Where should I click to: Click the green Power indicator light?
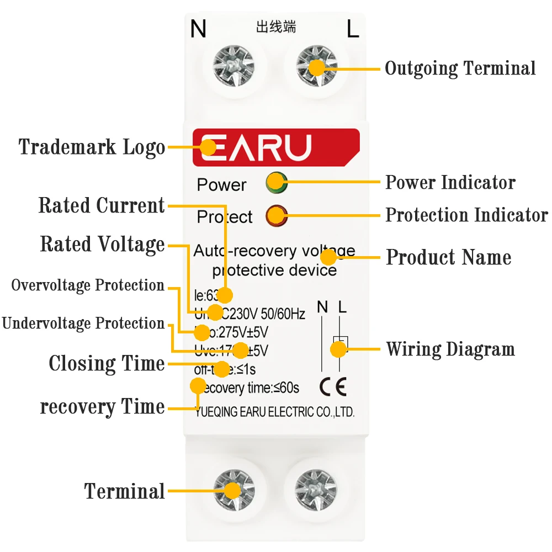coord(275,183)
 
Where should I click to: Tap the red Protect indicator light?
coord(275,216)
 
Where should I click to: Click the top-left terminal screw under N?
coord(233,67)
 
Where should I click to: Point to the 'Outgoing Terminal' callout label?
coord(460,68)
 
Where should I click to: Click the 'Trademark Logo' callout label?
coord(92,147)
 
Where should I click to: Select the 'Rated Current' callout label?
coord(102,206)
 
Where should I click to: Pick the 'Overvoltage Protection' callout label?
coord(88,285)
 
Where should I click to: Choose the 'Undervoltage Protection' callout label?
coord(83,323)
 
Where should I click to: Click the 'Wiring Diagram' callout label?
coord(450,349)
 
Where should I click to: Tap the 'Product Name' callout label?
coord(448,257)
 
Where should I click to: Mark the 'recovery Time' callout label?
coord(102,407)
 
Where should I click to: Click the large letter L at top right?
coord(353,29)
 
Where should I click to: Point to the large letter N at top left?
coord(198,29)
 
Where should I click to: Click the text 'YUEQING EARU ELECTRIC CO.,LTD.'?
coord(275,412)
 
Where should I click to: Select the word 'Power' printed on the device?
coord(222,185)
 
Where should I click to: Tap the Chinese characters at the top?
coord(276,27)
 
